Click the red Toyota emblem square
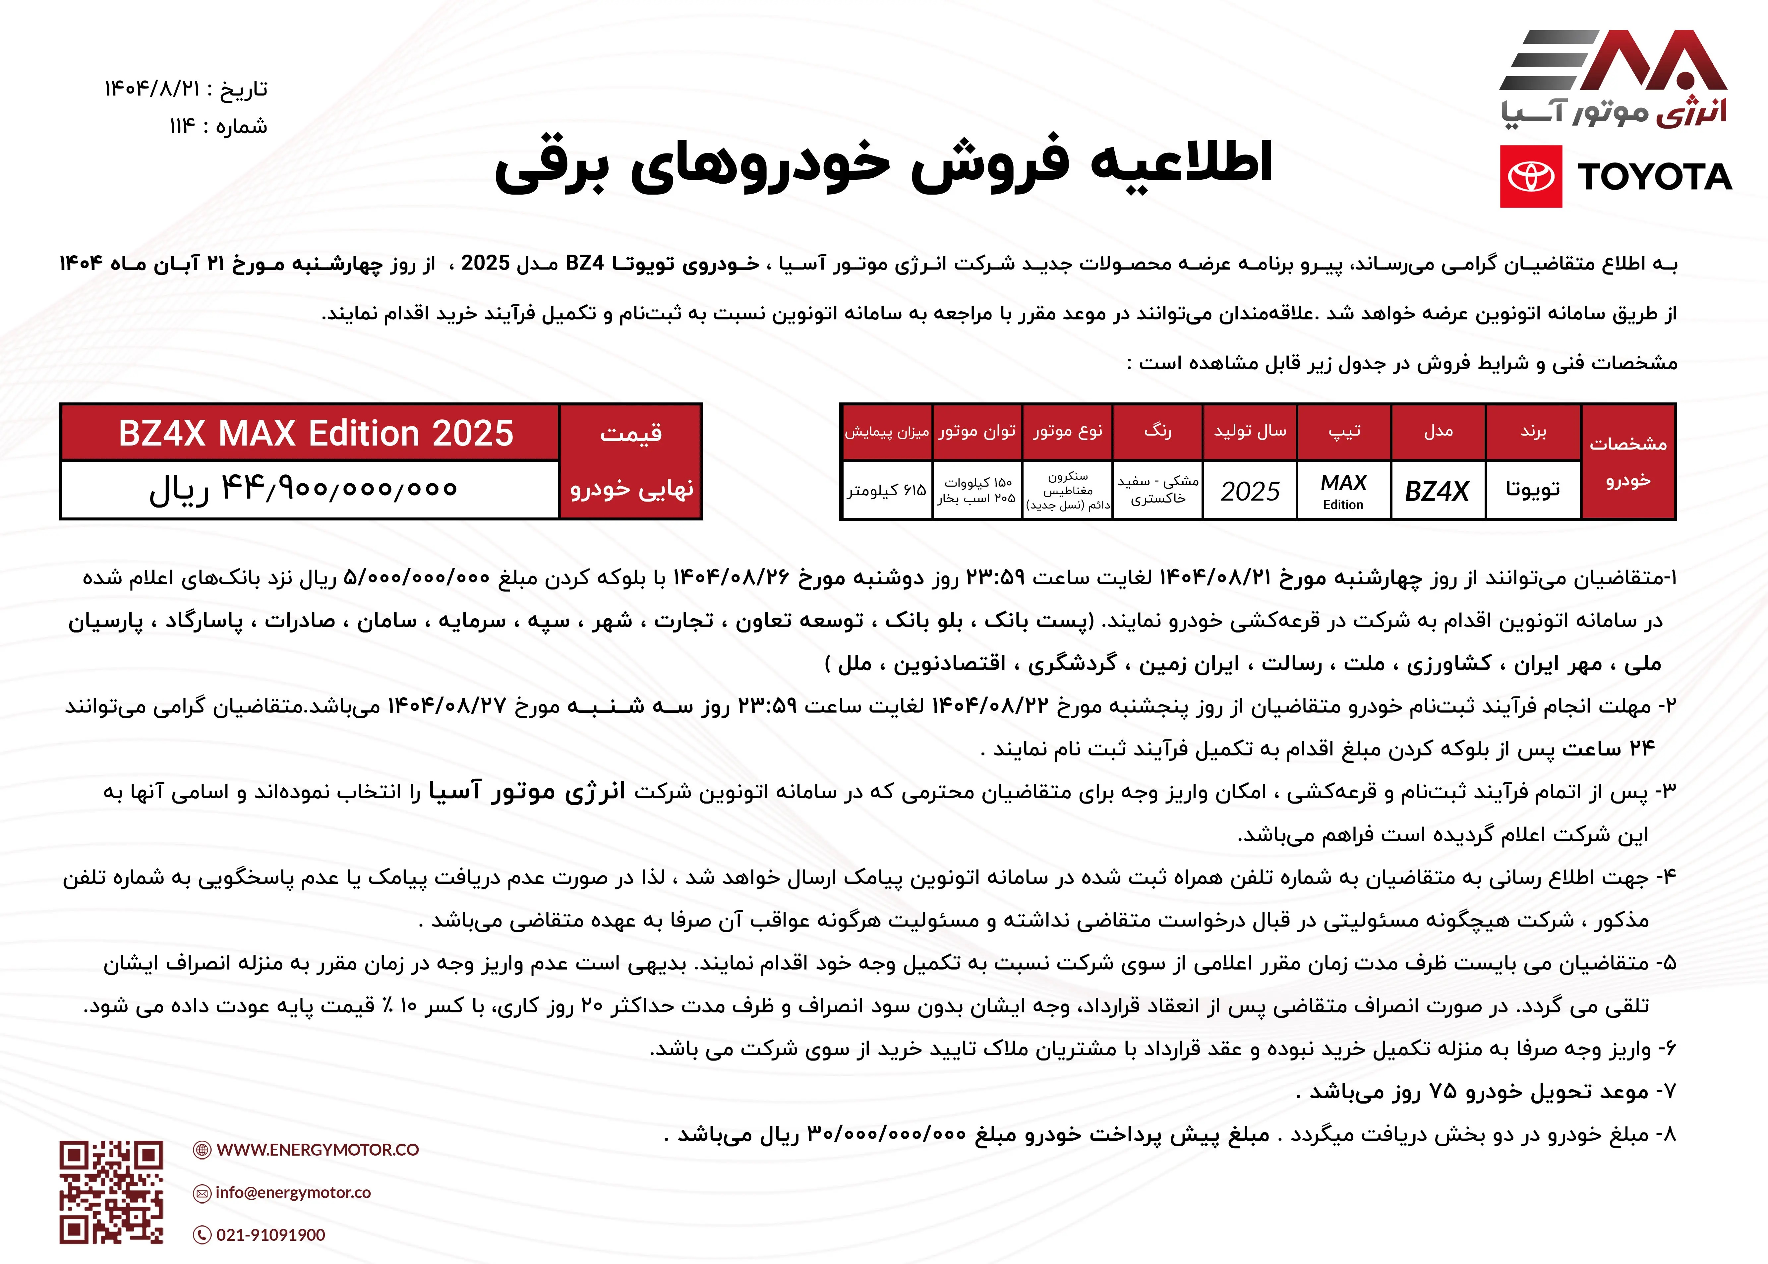pos(1531,177)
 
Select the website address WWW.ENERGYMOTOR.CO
pos(318,1150)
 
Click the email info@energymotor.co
pos(293,1192)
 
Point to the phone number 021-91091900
pos(271,1234)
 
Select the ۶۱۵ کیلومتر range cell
pos(886,490)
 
